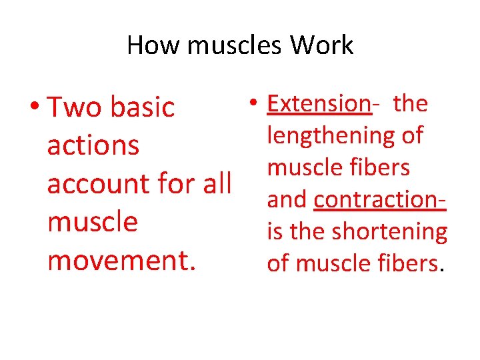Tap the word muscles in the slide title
point(227,46)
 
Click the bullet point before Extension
point(255,104)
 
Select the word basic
point(143,107)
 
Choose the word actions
point(93,145)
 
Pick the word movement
point(121,260)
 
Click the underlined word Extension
point(318,104)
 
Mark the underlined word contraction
point(378,199)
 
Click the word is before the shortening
point(275,232)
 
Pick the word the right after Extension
point(410,104)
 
